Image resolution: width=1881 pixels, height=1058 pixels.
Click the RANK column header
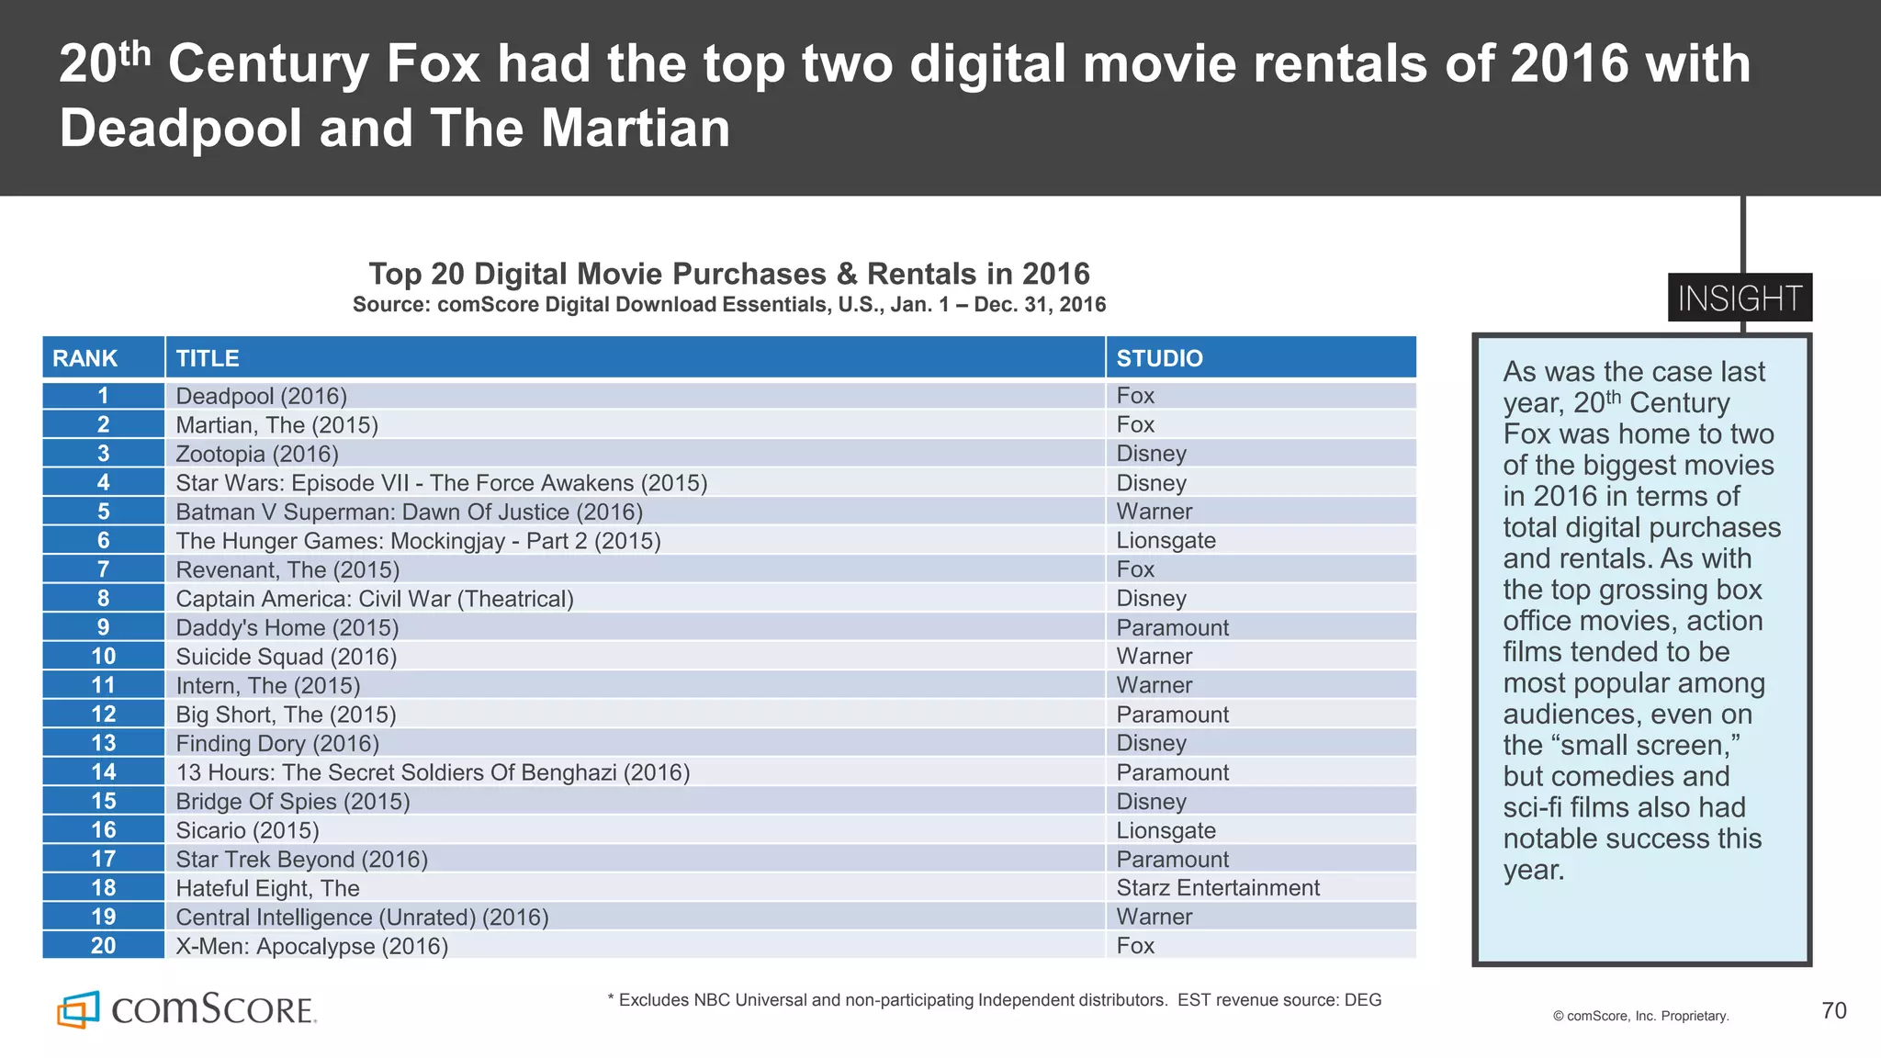coord(85,358)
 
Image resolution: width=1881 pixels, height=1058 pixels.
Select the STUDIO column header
coord(1159,358)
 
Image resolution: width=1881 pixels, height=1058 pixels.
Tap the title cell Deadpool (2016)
coord(262,396)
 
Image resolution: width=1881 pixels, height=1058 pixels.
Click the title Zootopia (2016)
coord(257,454)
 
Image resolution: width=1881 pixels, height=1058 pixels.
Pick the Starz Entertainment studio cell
coord(1218,888)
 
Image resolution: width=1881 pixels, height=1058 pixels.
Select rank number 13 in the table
coord(103,743)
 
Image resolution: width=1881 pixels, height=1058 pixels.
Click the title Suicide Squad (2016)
coord(287,657)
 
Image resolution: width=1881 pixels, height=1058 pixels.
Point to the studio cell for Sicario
coord(1166,830)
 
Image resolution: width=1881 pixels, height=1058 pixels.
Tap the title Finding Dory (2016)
coord(277,743)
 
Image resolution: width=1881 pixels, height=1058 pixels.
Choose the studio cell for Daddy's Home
coord(1172,627)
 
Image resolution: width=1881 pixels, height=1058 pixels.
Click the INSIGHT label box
coord(1740,298)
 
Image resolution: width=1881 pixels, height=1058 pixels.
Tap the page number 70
coord(1833,1011)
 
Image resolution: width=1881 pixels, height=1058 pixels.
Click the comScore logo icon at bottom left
coord(78,1010)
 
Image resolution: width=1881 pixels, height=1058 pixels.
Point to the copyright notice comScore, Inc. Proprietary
coord(1640,1016)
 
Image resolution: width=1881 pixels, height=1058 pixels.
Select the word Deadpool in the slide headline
coord(181,129)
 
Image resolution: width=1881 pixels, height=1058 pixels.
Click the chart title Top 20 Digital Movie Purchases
coord(729,274)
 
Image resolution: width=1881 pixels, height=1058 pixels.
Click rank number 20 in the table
coord(103,946)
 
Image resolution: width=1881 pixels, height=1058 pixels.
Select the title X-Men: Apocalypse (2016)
coord(312,946)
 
